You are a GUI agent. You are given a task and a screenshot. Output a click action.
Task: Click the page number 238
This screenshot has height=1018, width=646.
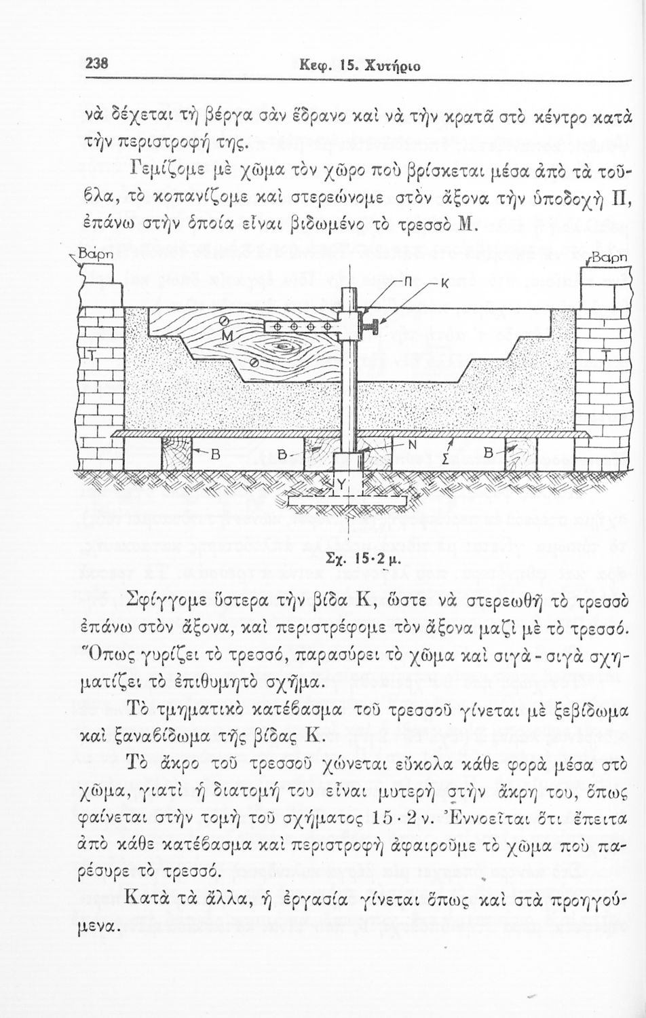point(97,64)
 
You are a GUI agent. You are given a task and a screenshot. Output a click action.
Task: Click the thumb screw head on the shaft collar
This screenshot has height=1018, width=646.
point(373,326)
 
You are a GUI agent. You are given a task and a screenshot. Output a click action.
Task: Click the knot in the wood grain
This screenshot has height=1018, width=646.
point(284,347)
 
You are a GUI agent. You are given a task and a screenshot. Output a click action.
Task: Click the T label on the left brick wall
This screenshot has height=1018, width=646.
point(92,355)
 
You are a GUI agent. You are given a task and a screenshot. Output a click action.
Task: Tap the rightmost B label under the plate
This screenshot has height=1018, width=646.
point(489,453)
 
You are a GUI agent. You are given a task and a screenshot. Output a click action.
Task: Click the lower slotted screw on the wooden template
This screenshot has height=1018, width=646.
point(254,362)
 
